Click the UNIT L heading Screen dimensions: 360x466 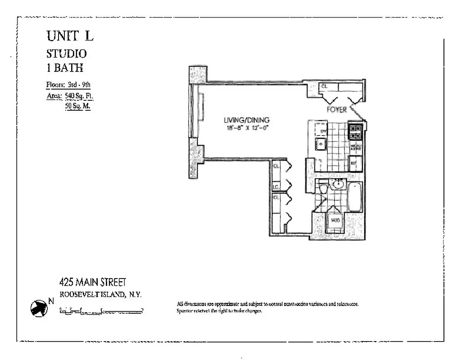pyautogui.click(x=70, y=36)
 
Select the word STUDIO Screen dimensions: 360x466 pyautogui.click(x=67, y=54)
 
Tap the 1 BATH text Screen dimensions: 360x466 pyautogui.click(x=65, y=68)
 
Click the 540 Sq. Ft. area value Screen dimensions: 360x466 pyautogui.click(x=79, y=95)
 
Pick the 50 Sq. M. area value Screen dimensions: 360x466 pyautogui.click(x=77, y=107)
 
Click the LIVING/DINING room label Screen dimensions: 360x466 pyautogui.click(x=246, y=120)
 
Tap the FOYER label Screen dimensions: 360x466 pyautogui.click(x=337, y=110)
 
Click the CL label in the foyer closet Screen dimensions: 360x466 pyautogui.click(x=324, y=86)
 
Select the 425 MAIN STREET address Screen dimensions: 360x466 pyautogui.click(x=93, y=283)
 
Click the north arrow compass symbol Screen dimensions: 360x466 pyautogui.click(x=38, y=308)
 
